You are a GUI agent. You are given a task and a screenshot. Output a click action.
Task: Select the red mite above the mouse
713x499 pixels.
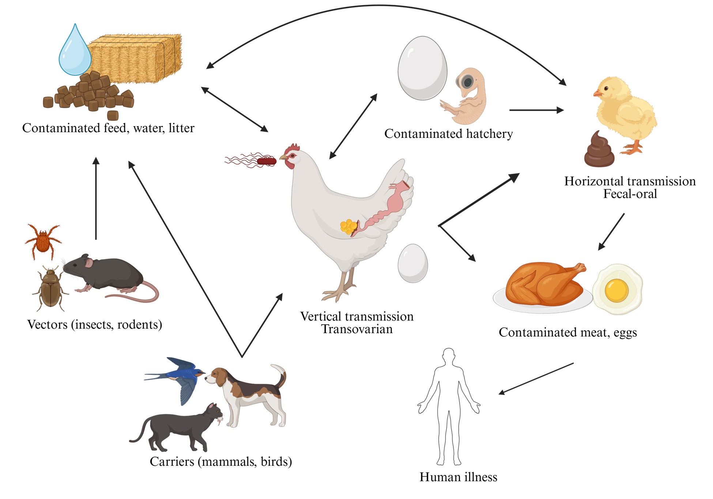(x=43, y=239)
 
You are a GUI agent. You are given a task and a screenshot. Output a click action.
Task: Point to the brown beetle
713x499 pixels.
(x=50, y=289)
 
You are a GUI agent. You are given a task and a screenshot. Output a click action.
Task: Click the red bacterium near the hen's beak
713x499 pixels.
(x=266, y=161)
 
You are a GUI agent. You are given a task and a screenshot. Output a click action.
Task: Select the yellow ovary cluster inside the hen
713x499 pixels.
(x=348, y=227)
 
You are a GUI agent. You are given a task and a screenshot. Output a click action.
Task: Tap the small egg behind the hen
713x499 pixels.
(x=412, y=263)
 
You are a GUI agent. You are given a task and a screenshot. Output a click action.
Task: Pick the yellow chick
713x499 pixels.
(x=625, y=113)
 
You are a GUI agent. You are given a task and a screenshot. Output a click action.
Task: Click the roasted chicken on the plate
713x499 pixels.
(x=545, y=285)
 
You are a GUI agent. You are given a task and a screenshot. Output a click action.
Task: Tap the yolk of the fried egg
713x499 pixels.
(x=616, y=291)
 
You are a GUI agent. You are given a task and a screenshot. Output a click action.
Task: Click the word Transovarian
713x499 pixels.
(x=357, y=329)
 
